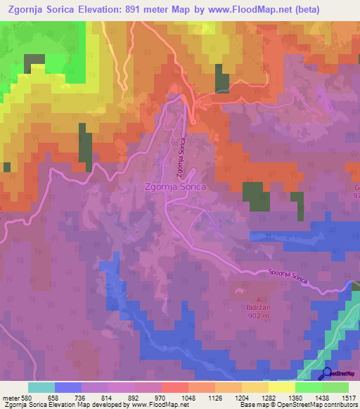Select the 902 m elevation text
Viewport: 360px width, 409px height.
tap(258, 316)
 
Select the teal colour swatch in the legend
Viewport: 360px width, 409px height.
tap(41, 387)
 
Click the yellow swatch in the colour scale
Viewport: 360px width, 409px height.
tap(281, 387)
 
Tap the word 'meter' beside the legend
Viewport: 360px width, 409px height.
tap(11, 396)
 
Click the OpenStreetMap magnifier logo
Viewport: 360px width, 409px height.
tap(326, 374)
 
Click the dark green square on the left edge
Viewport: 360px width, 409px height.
tap(7, 167)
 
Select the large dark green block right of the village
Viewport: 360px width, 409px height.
tap(252, 197)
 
